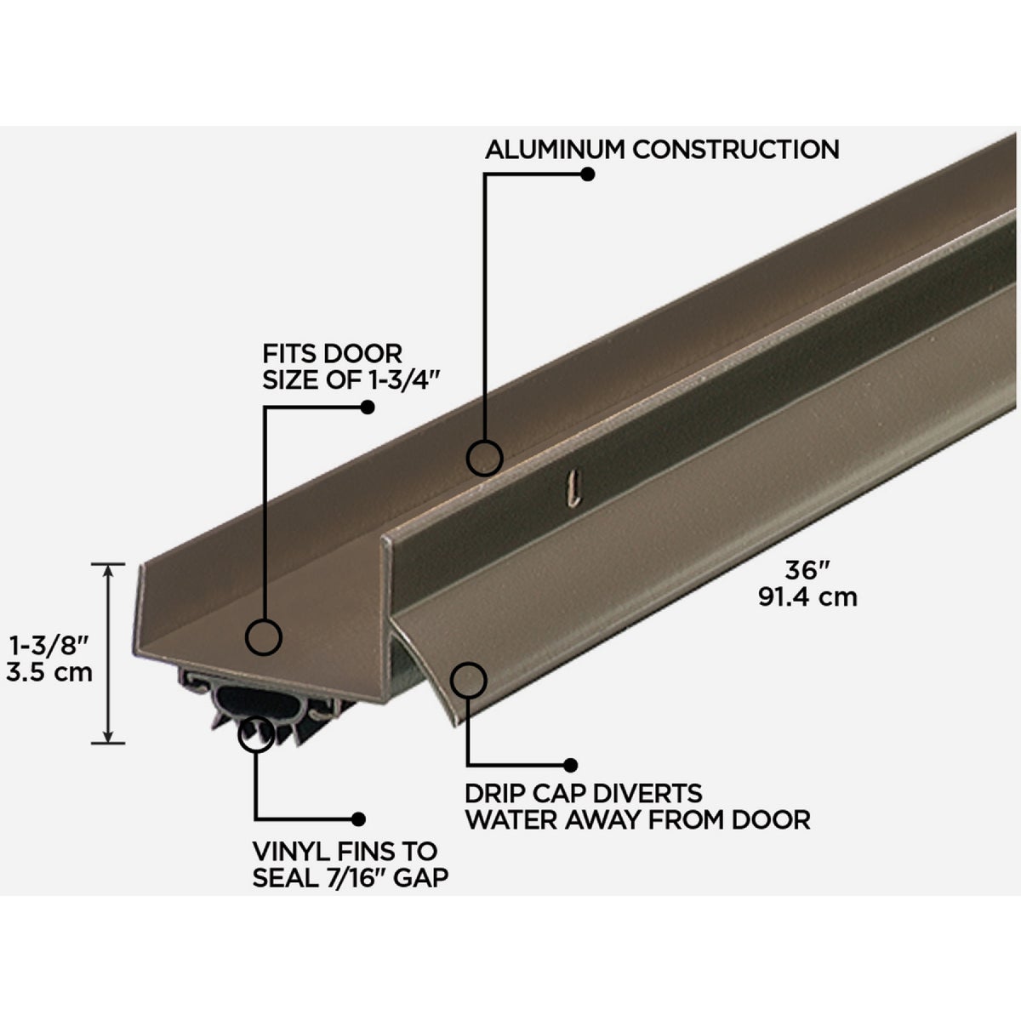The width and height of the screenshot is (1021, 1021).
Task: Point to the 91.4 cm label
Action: pos(807,597)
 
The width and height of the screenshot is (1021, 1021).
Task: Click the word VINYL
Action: pos(287,850)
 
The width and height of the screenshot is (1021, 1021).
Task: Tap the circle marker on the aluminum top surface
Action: pos(485,458)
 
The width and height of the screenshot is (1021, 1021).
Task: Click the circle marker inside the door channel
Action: pos(264,636)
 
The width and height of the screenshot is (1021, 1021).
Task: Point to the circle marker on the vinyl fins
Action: pos(257,733)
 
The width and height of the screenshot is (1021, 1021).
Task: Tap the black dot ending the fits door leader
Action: pos(368,408)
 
